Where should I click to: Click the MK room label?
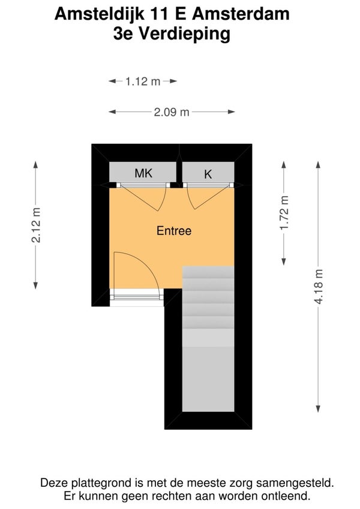[x=143, y=174]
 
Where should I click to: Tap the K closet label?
[x=208, y=174]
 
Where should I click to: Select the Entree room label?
[x=174, y=230]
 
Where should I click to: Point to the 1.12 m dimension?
[x=143, y=82]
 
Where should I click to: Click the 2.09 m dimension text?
[x=172, y=112]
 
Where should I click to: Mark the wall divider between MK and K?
[x=179, y=170]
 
